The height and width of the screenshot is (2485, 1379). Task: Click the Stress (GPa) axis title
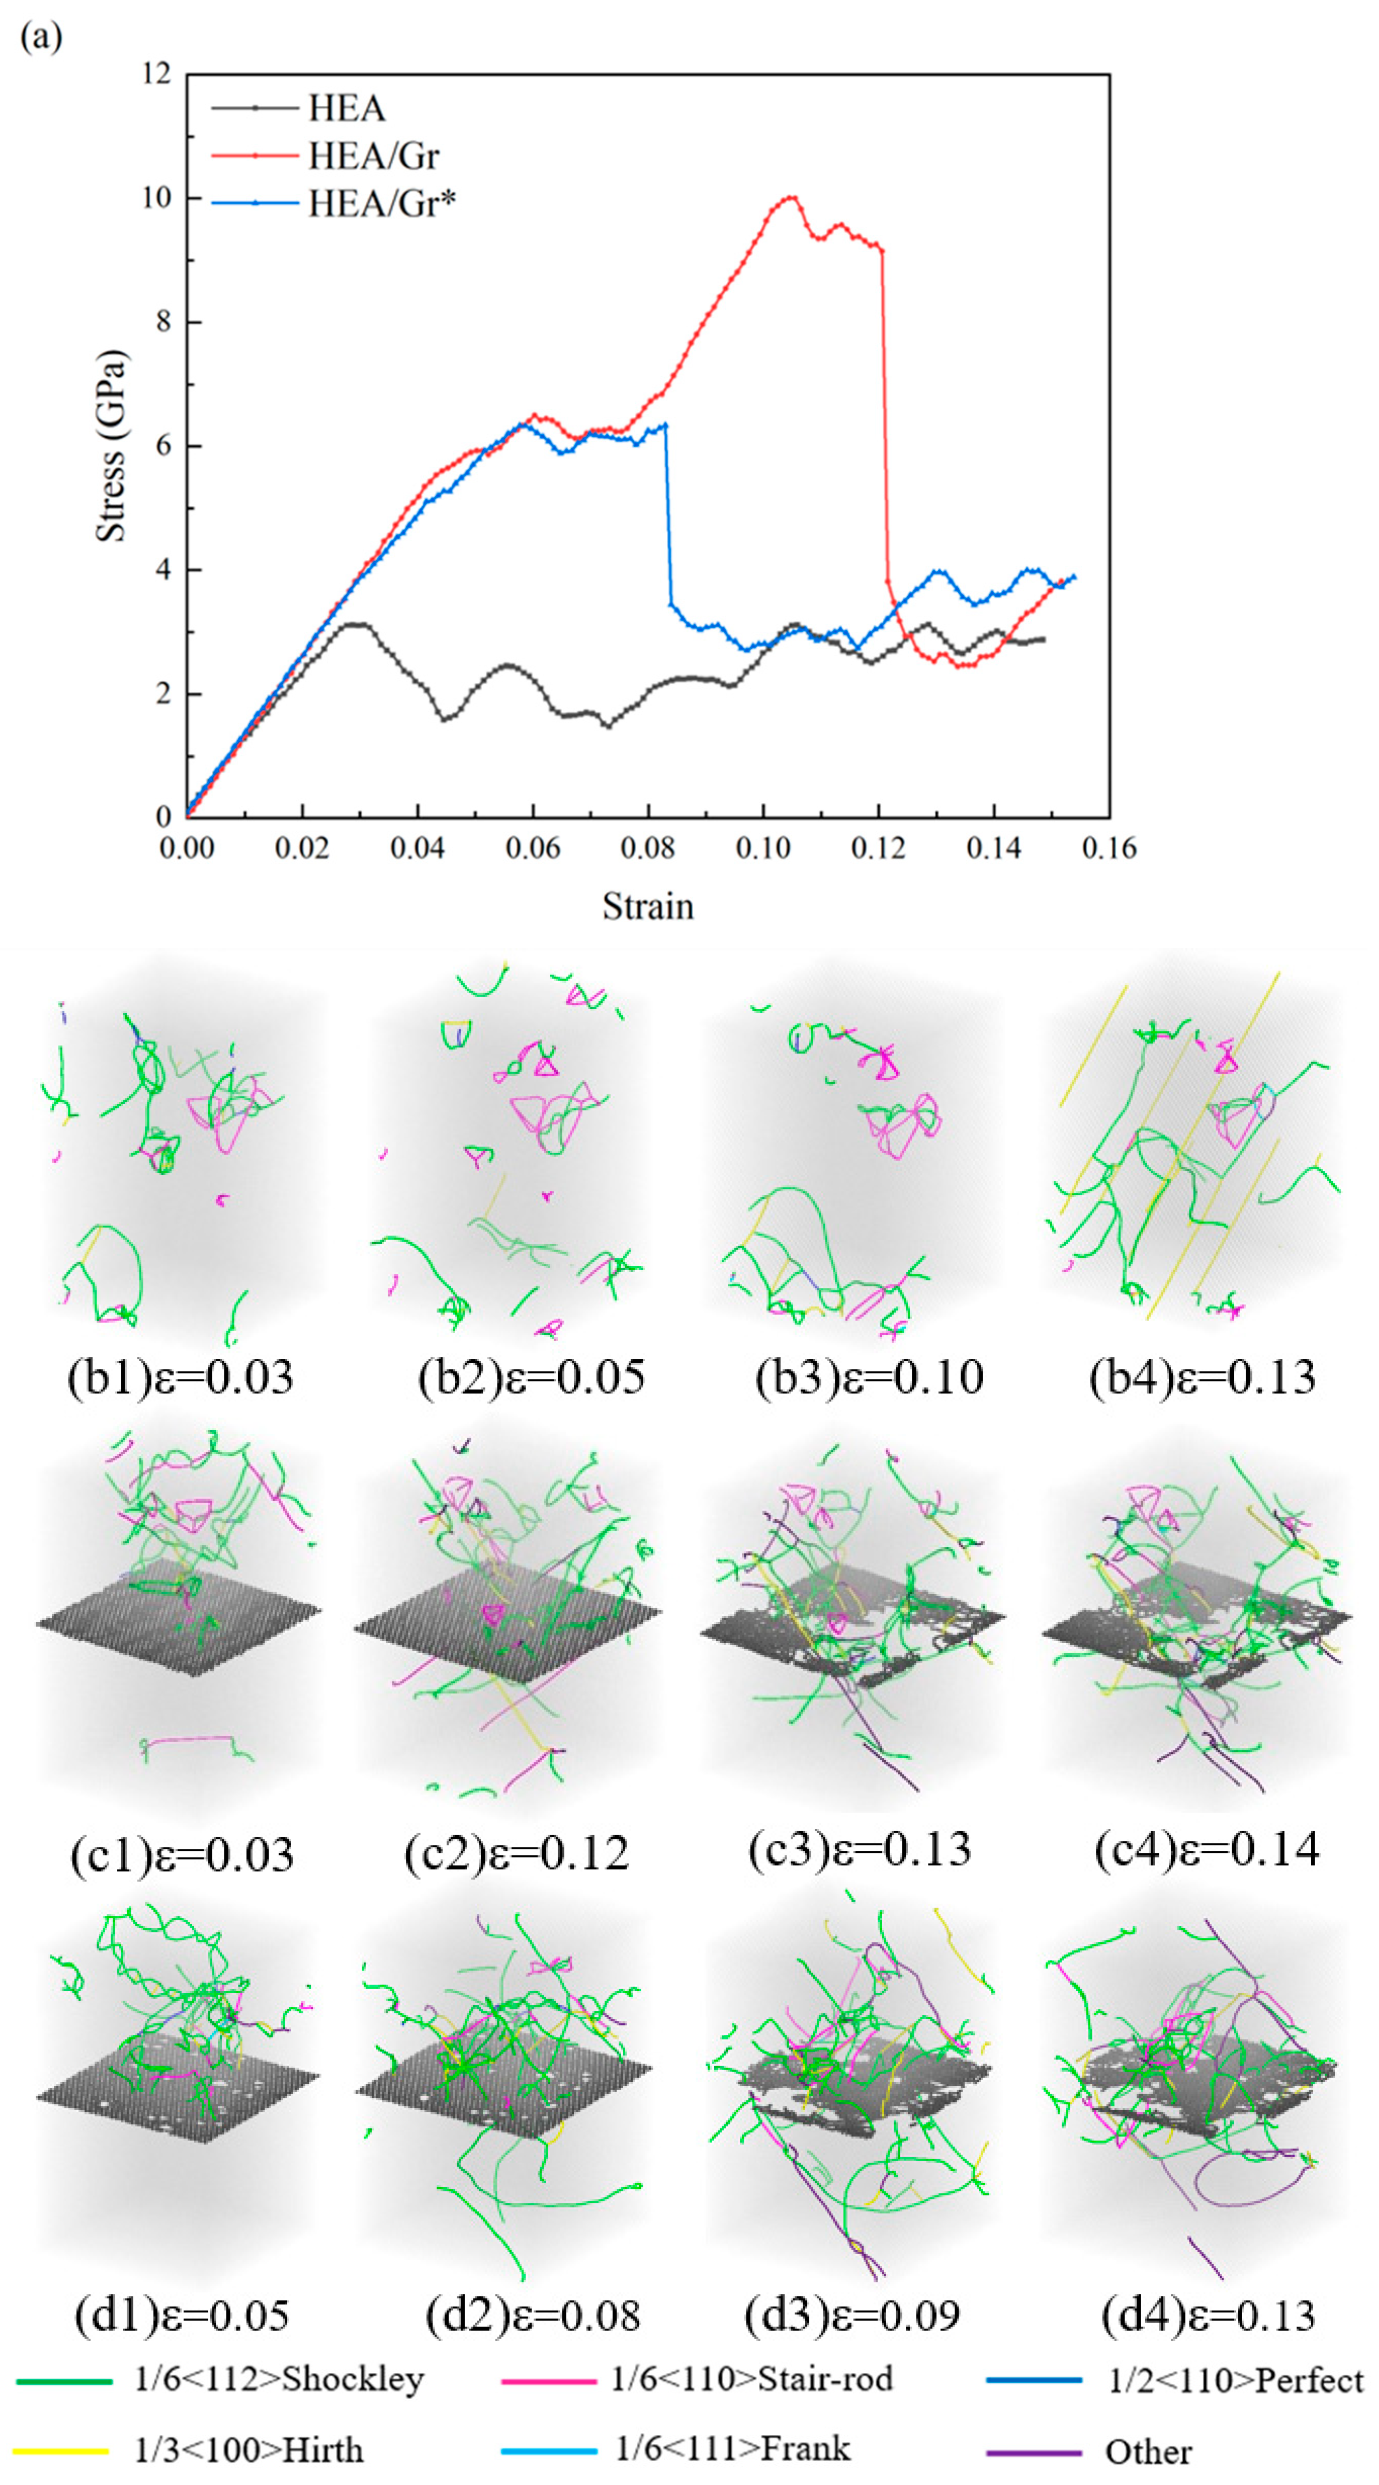tap(112, 446)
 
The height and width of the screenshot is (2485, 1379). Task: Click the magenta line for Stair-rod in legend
tap(548, 2381)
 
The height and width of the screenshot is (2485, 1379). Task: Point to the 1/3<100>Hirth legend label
tap(249, 2449)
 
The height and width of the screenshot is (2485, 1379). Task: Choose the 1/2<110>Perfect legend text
tap(1235, 2380)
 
